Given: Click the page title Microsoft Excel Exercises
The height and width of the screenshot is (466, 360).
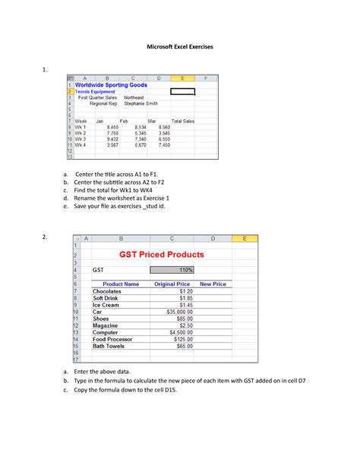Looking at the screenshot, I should (179, 47).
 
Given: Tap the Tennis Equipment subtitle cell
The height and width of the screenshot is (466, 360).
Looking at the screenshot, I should (96, 91).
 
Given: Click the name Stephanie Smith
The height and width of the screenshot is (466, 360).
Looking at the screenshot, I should (142, 103).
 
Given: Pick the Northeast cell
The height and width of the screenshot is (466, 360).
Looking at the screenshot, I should (134, 97).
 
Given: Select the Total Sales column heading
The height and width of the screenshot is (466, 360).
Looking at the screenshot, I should (183, 121).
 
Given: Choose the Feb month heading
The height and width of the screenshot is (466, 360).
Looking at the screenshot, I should (125, 121).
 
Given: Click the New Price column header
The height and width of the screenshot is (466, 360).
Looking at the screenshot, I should (213, 284).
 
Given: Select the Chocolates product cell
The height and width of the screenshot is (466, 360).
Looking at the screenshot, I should (111, 291).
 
